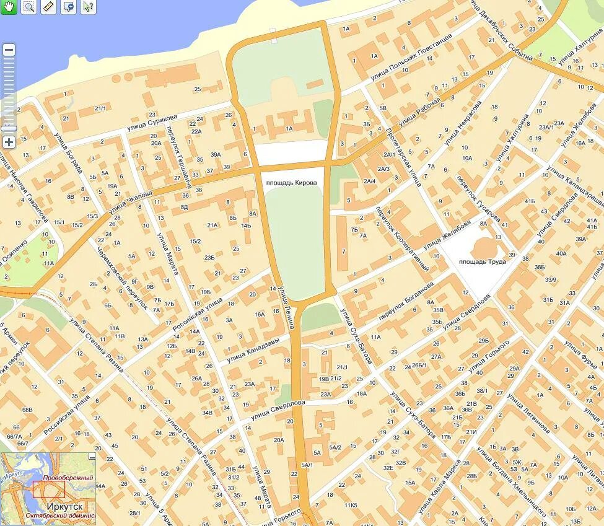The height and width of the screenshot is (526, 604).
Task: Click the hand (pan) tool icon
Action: tap(8, 7)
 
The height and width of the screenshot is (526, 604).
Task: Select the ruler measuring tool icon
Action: tap(49, 7)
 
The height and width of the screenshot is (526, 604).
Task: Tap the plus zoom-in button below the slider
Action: tap(9, 142)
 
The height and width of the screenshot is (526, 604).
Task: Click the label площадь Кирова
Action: tap(291, 183)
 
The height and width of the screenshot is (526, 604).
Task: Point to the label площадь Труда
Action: tap(483, 261)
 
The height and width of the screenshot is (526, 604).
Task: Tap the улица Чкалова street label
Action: tap(130, 203)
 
